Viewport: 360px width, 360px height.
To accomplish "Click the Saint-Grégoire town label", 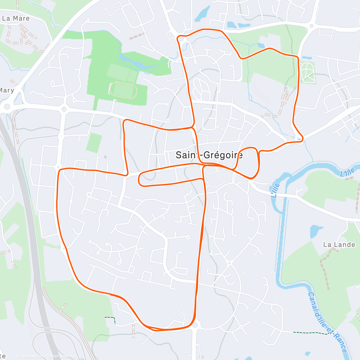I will (209, 155).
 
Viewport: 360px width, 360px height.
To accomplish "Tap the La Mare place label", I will (16, 18).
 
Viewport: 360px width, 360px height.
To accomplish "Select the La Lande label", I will (339, 245).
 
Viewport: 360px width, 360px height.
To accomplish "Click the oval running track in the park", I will (123, 89).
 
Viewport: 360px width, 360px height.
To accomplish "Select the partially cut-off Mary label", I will (7, 90).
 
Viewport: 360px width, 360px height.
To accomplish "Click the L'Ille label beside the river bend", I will (274, 190).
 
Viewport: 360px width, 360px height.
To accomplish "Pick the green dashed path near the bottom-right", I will (310, 333).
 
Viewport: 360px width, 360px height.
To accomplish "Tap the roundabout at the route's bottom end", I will (195, 325).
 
